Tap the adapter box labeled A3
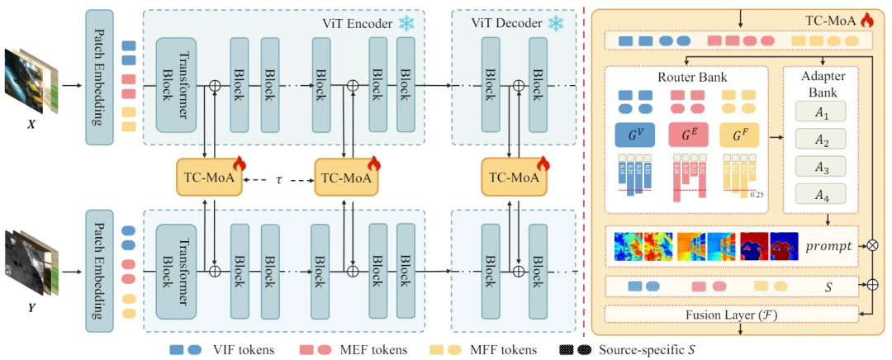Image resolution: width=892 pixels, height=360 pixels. pos(821,167)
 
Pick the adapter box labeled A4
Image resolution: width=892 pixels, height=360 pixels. pos(821,195)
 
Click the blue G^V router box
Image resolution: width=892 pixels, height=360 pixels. pos(634,135)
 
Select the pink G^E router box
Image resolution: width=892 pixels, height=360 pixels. pos(686,135)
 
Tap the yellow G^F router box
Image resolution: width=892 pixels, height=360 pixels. pos(738,135)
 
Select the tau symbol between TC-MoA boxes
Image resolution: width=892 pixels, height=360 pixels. pos(278,177)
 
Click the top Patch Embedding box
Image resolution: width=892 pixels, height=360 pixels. pos(100,78)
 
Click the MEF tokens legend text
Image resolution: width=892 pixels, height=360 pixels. pos(373,349)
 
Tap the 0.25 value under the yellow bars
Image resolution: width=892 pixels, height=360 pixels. pos(757,195)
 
